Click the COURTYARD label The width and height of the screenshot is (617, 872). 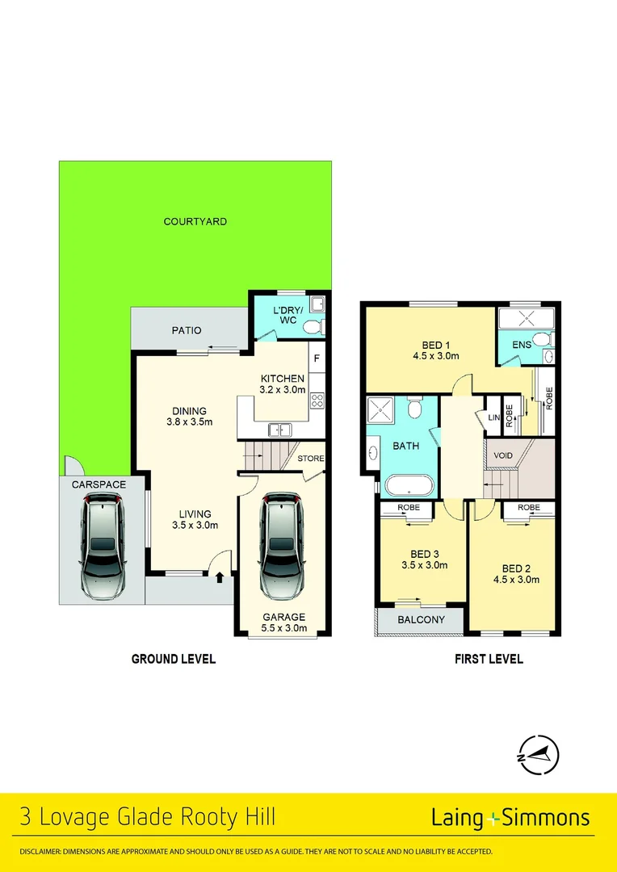tap(195, 221)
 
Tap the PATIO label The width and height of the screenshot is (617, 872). tap(186, 330)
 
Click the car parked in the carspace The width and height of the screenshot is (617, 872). tap(103, 547)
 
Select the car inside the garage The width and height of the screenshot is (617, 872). tap(283, 547)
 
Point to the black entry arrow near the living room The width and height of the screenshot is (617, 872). tap(219, 576)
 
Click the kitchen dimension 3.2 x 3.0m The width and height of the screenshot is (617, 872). tap(283, 389)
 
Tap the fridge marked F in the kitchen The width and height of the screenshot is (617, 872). tap(317, 358)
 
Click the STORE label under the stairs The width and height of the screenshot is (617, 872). tap(311, 459)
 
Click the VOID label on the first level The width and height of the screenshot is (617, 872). tap(503, 455)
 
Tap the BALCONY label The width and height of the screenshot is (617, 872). tap(422, 620)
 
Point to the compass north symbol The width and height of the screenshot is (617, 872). tap(538, 756)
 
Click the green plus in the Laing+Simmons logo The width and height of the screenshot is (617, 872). tap(493, 818)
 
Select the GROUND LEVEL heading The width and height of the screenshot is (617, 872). tap(174, 659)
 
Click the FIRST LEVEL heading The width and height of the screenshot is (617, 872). tap(489, 659)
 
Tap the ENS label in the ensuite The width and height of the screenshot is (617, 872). tap(521, 345)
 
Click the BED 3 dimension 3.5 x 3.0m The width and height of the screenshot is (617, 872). tap(424, 565)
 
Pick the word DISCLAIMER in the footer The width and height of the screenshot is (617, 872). tap(40, 852)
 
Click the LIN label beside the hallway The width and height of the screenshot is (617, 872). tap(493, 417)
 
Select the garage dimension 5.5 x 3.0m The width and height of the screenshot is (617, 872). tap(283, 627)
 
